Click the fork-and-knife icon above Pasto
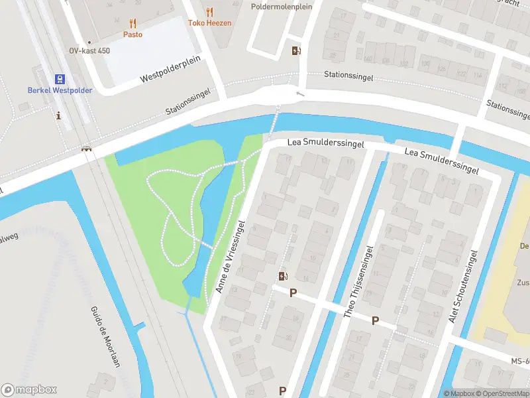[x=132, y=23]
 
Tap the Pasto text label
[x=132, y=34]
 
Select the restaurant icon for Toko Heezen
[x=210, y=12]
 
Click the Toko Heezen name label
[x=210, y=23]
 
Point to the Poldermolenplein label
[x=281, y=7]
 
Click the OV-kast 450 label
[x=89, y=50]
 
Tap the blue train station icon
[x=60, y=78]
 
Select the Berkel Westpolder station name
[x=60, y=90]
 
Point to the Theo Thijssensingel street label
[x=359, y=281]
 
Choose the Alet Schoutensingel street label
[x=463, y=287]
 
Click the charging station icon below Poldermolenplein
[x=295, y=50]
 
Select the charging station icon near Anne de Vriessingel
[x=284, y=277]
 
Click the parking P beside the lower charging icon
[x=292, y=293]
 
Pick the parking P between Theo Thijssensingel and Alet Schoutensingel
[x=375, y=321]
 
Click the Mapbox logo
[x=29, y=389]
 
